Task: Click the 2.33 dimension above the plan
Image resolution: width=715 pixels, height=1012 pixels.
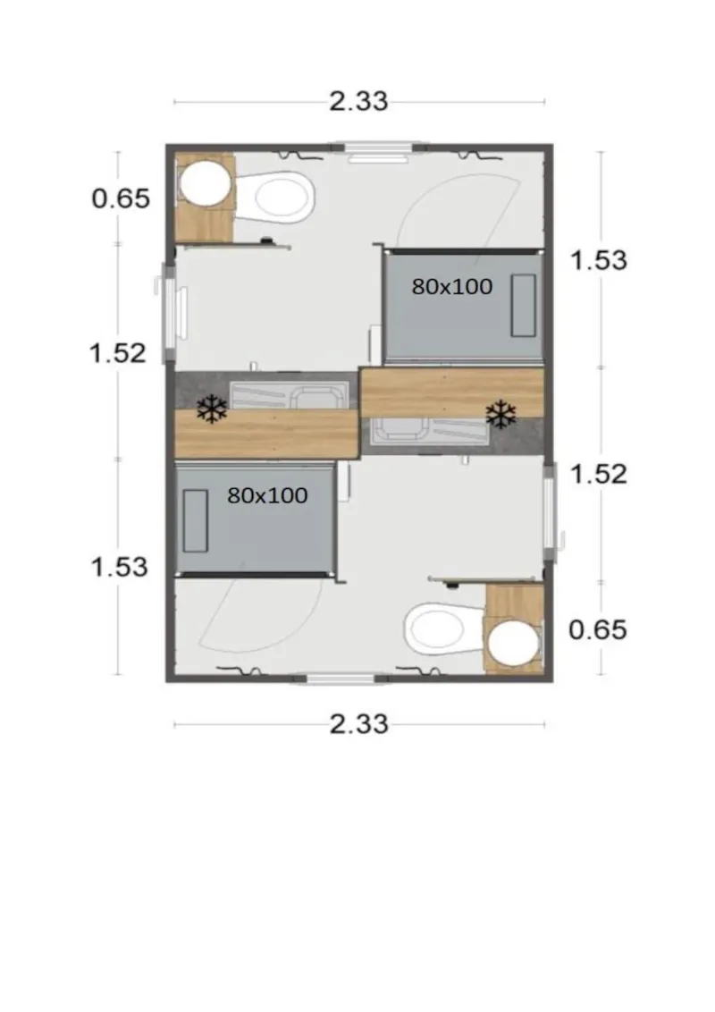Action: click(358, 101)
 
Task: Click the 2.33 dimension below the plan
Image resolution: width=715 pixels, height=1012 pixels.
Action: click(358, 723)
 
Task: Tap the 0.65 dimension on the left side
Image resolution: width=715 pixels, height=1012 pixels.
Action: click(121, 198)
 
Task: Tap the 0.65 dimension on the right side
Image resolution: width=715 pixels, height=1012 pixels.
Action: click(598, 629)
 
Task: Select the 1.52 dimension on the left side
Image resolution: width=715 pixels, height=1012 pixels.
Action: click(117, 352)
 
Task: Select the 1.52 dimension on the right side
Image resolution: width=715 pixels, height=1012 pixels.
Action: click(598, 473)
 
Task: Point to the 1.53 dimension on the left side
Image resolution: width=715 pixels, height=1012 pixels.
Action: click(119, 566)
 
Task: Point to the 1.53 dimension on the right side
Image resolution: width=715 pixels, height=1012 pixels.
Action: click(598, 260)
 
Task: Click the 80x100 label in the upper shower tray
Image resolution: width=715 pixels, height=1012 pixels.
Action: click(452, 286)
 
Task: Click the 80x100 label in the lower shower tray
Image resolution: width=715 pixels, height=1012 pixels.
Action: click(267, 495)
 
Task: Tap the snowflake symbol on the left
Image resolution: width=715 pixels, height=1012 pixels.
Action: click(212, 410)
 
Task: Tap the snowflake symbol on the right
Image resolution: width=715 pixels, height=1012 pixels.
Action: click(500, 413)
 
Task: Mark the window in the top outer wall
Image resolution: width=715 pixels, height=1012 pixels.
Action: click(375, 147)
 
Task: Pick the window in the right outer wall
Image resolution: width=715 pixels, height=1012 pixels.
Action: click(550, 512)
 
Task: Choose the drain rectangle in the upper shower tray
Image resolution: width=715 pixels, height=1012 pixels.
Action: click(523, 305)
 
